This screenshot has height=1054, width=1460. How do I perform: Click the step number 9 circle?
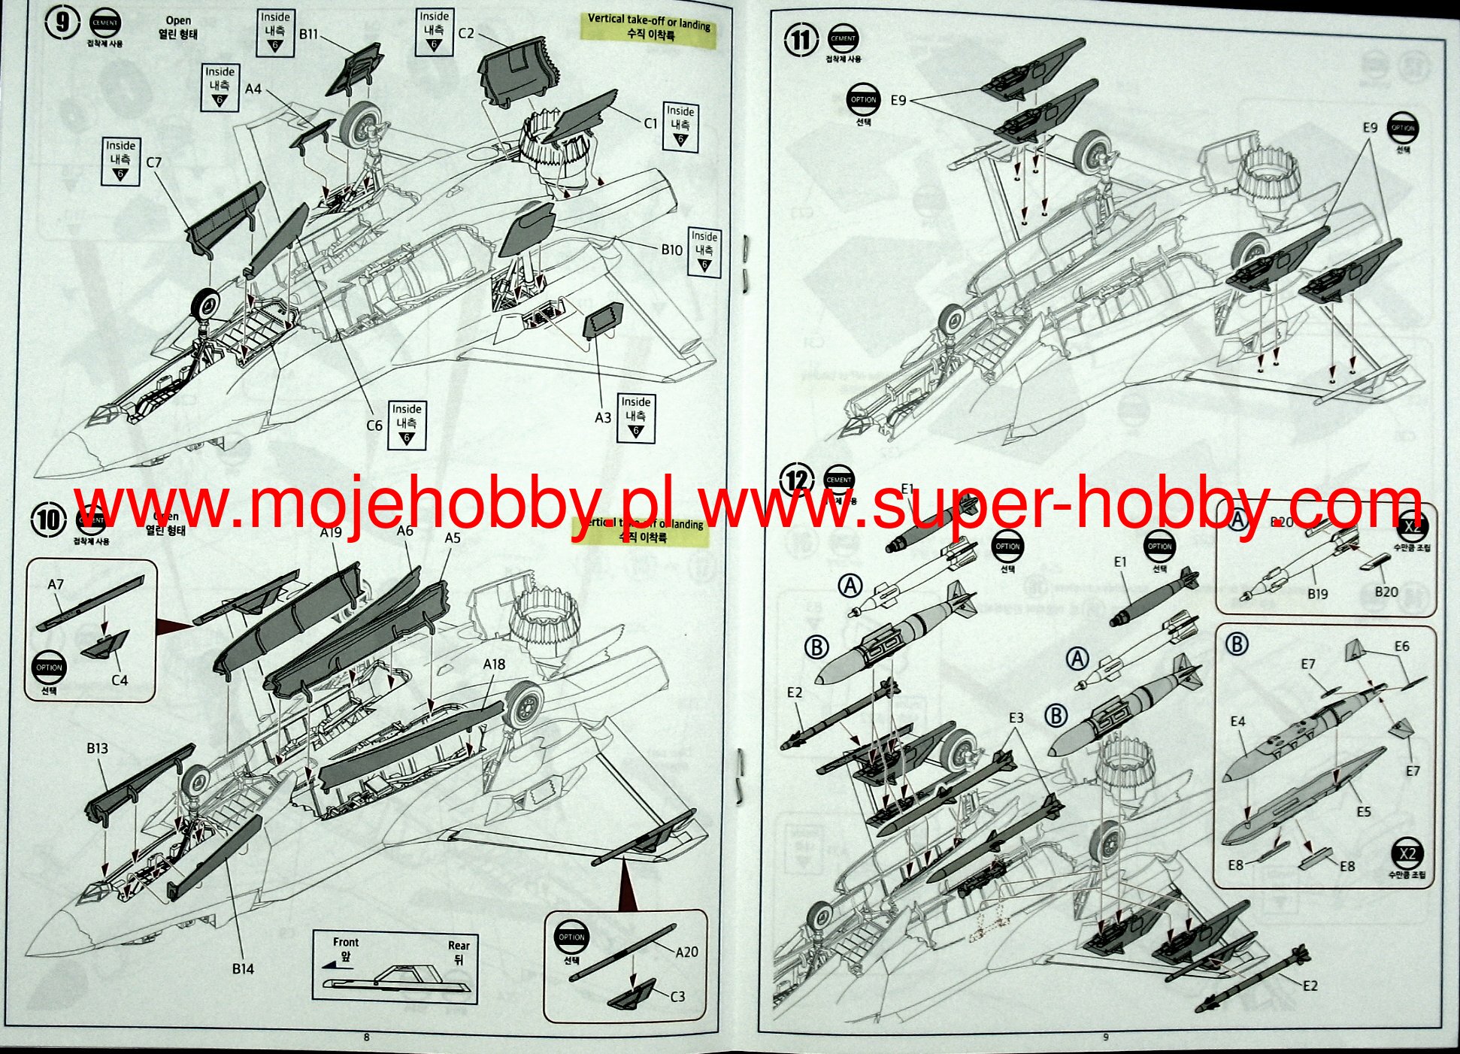(62, 23)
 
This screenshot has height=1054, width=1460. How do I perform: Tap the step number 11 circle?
(800, 40)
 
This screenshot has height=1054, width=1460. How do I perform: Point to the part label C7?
(154, 162)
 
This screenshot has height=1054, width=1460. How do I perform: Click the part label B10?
(671, 250)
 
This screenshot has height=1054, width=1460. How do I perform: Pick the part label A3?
(603, 417)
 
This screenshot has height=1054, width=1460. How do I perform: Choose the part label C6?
(374, 426)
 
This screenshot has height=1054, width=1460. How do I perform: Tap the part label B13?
(97, 748)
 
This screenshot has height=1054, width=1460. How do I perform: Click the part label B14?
(243, 969)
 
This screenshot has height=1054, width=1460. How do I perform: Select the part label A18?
(494, 664)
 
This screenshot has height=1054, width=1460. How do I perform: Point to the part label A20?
(686, 952)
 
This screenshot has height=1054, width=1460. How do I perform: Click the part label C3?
(677, 996)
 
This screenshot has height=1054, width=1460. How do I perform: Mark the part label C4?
(120, 680)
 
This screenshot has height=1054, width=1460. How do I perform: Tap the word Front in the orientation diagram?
(346, 942)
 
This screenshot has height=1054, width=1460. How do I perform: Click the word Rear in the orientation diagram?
(459, 946)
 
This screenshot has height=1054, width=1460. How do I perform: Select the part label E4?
(1237, 722)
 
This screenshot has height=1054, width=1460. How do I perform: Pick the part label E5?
(1364, 811)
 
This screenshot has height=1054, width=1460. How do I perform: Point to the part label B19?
(1317, 594)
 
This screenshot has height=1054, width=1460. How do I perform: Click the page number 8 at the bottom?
(366, 1037)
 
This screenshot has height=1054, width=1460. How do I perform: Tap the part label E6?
(1401, 647)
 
